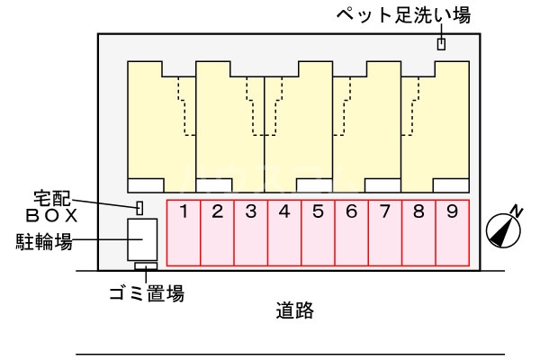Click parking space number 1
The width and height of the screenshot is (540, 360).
coord(184,232)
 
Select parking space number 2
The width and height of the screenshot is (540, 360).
coord(217,232)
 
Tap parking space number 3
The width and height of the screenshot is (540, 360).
coord(251,232)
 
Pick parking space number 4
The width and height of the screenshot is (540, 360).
coord(284,232)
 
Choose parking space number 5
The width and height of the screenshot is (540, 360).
coord(318,232)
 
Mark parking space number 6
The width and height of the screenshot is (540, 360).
coord(351,232)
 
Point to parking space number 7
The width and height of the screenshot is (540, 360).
coord(385,232)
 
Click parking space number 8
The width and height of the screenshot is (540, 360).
coord(418,232)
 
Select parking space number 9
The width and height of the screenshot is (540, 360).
coord(452,232)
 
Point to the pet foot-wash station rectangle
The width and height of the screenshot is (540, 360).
coord(441,44)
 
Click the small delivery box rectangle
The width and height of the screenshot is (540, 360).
coord(140,208)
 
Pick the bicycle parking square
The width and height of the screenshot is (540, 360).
coord(142,240)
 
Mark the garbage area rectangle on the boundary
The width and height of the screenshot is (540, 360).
coord(146,266)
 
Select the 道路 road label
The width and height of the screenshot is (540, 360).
coord(293,311)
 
